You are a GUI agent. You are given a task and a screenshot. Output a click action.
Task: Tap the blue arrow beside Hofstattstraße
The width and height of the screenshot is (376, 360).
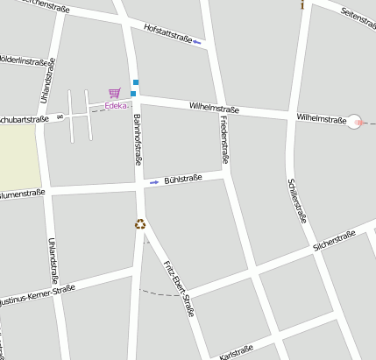click(x=197, y=41)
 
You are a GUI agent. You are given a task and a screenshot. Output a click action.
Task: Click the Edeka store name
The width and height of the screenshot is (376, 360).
click(x=116, y=106)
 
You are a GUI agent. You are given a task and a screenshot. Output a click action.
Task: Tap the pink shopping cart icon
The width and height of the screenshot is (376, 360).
click(x=114, y=93)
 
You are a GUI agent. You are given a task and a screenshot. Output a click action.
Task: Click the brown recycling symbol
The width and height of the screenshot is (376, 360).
click(x=139, y=223)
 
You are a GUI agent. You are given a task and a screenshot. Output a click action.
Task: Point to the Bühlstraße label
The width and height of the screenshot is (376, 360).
click(x=182, y=179)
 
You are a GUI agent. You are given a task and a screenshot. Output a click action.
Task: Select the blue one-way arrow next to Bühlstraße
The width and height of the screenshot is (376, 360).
click(x=154, y=181)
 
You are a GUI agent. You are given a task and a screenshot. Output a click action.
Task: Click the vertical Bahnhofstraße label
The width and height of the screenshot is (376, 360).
click(x=138, y=140)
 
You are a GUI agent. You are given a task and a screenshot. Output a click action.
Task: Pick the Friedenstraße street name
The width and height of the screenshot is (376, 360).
click(x=223, y=140)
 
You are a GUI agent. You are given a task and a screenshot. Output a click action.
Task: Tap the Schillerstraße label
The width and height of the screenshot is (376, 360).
click(x=297, y=201)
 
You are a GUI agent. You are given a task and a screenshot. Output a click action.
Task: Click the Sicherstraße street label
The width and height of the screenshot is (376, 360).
click(x=333, y=239)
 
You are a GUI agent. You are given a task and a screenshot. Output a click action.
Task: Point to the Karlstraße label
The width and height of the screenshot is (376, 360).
click(x=237, y=353)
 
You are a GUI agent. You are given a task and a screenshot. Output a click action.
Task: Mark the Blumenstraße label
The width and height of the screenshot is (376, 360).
click(x=22, y=194)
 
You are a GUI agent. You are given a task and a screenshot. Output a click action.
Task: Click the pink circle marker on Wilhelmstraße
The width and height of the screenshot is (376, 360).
click(x=355, y=122)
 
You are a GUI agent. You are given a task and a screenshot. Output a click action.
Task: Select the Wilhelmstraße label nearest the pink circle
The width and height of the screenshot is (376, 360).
click(x=320, y=116)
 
